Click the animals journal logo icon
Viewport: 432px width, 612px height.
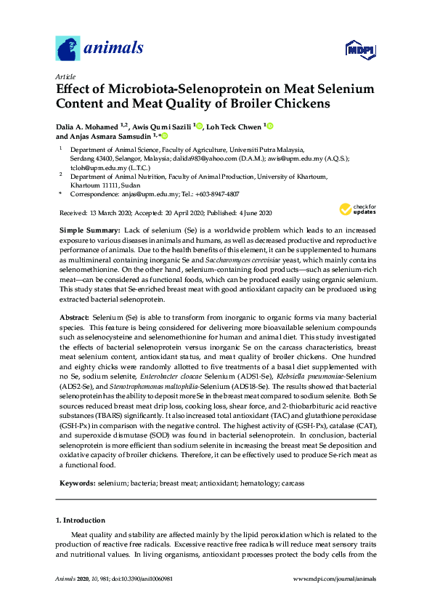(68, 49)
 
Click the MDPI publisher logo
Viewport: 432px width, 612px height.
(358, 50)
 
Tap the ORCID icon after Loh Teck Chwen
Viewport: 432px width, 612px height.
(269, 126)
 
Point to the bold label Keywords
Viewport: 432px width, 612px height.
(76, 483)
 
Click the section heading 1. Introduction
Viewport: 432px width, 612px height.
(80, 520)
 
